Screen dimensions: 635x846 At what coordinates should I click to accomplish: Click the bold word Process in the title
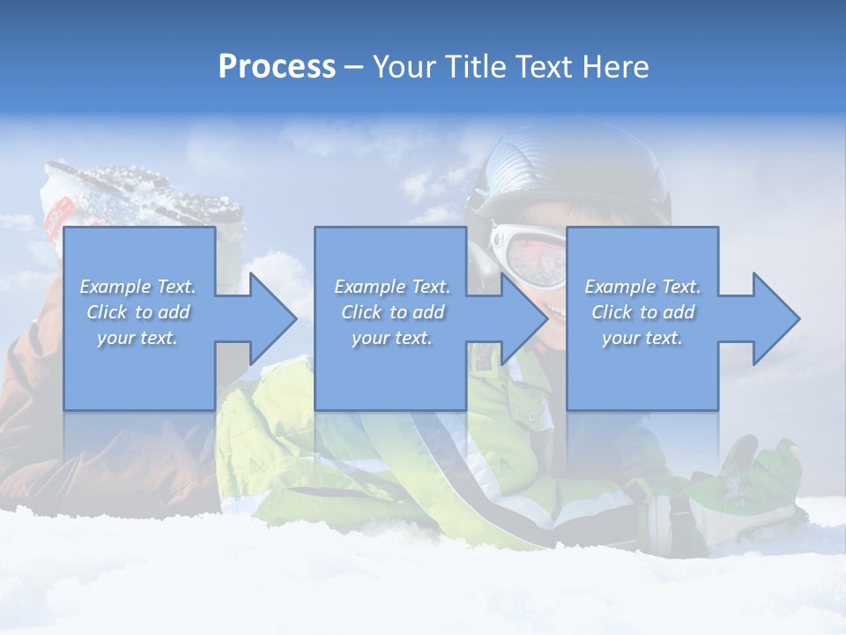coord(277,67)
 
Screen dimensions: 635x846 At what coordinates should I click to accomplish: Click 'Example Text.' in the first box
coord(138,287)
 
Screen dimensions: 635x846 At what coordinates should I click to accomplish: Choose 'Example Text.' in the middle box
coord(392,287)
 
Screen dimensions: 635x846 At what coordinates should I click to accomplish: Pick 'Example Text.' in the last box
coord(642,287)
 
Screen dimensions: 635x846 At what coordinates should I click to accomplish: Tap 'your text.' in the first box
coord(138,338)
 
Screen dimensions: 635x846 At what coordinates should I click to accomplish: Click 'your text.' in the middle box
coord(392,338)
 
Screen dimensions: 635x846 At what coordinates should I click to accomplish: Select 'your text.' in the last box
coord(642,338)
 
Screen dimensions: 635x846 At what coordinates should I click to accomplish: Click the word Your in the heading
coord(402,67)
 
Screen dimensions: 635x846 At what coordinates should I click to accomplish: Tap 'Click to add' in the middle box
coord(392,312)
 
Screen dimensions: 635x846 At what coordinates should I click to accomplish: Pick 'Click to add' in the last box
coord(642,312)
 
